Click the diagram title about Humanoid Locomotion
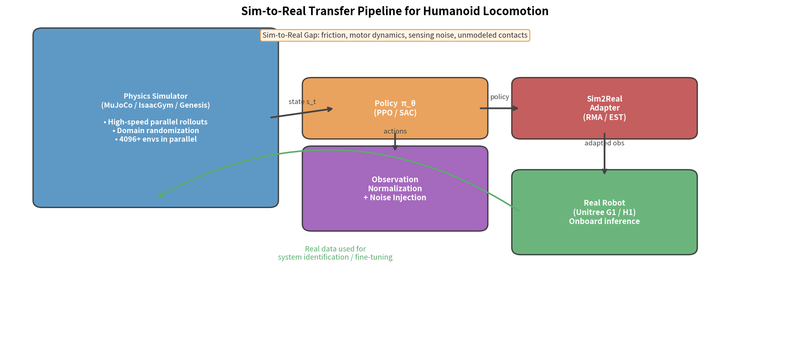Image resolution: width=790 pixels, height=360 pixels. tap(395, 11)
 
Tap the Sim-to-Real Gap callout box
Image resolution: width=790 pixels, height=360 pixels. tap(395, 35)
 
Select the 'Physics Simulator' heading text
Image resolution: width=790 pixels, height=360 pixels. tap(156, 96)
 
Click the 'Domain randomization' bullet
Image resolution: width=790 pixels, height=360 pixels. tap(156, 131)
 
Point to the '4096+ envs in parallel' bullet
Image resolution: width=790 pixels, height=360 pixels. tap(156, 139)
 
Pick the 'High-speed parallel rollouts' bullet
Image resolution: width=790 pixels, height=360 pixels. tap(156, 122)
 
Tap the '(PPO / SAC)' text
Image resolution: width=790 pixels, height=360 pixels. tap(395, 113)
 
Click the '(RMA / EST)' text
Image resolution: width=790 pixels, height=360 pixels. tap(604, 118)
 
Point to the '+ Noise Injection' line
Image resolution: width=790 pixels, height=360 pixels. tap(395, 198)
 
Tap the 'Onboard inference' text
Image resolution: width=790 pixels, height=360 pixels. tap(604, 222)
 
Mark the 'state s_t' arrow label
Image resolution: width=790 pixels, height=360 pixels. tap(302, 102)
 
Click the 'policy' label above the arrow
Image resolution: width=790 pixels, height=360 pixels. tap(499, 97)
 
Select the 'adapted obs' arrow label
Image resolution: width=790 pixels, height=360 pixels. tap(604, 143)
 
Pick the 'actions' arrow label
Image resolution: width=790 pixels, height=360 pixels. tap(395, 131)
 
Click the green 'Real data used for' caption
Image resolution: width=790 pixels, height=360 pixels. tap(335, 249)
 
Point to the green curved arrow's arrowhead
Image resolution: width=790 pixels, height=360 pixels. tap(160, 196)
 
